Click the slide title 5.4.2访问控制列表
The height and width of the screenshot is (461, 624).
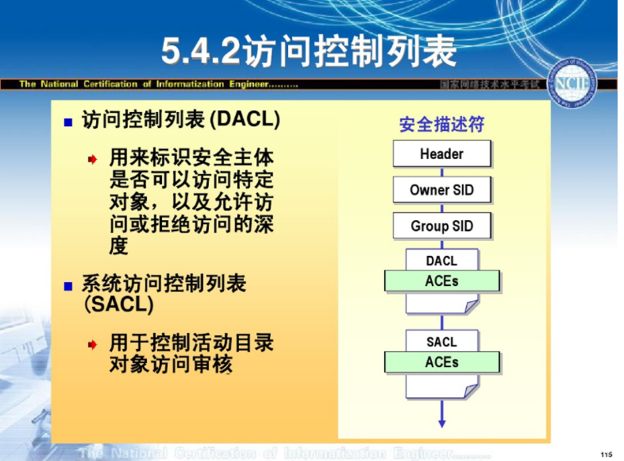(x=309, y=52)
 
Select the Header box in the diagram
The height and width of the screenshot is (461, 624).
(x=441, y=154)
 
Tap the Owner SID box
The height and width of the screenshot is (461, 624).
(x=441, y=190)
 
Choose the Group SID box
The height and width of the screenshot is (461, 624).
(x=441, y=226)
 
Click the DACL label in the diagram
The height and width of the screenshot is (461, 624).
(x=441, y=261)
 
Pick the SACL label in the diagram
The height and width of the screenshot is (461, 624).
(x=441, y=342)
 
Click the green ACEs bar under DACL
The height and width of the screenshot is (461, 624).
(x=441, y=281)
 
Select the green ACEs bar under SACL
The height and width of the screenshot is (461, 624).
(x=441, y=363)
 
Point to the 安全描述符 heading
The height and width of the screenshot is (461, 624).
(x=441, y=124)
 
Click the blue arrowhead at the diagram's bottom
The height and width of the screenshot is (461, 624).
(x=442, y=423)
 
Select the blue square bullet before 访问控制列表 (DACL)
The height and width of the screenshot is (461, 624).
(x=69, y=122)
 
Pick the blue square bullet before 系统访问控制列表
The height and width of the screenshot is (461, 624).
(x=69, y=286)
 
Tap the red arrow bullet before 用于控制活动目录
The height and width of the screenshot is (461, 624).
(x=92, y=345)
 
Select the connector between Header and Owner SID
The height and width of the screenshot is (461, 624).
(x=442, y=172)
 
